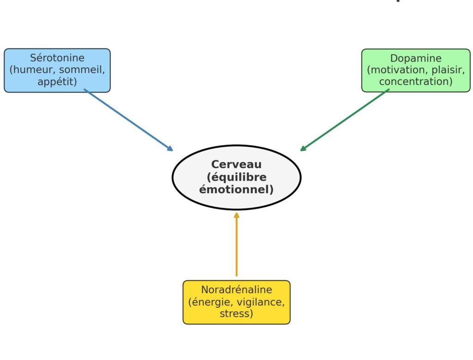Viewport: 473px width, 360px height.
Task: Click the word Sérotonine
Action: point(57,58)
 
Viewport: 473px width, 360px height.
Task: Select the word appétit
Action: point(55,82)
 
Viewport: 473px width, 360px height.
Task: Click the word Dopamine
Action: point(416,58)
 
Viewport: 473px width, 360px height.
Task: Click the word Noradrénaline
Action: point(236,290)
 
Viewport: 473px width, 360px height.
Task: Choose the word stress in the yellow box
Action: point(235,313)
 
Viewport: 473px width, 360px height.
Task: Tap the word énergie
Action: point(211,302)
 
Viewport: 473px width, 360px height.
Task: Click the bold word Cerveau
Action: point(236,164)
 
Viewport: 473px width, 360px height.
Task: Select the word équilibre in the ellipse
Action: point(238,177)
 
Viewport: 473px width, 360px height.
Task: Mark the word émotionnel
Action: point(234,189)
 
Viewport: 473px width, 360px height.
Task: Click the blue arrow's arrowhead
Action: point(170,148)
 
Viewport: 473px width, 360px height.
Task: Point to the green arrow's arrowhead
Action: point(303,148)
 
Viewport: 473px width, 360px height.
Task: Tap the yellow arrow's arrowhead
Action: point(236,215)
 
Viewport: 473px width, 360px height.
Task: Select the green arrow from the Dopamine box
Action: point(345,120)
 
